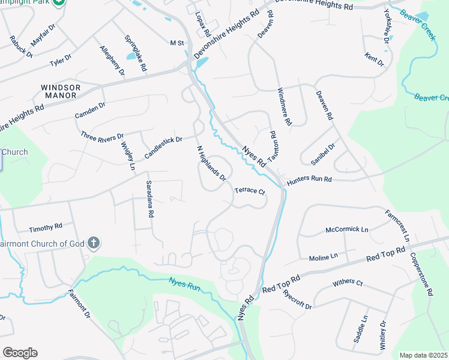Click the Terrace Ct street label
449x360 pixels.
click(x=250, y=191)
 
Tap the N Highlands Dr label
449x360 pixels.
click(x=211, y=163)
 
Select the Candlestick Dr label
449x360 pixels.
click(x=163, y=148)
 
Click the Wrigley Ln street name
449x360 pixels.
click(x=127, y=155)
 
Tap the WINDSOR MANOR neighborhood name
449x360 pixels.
click(x=59, y=91)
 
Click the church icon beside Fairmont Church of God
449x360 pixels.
click(x=93, y=243)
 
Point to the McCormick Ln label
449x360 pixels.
click(x=347, y=229)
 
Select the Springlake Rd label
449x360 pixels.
click(x=136, y=53)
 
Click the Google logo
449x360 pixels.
click(x=20, y=353)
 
